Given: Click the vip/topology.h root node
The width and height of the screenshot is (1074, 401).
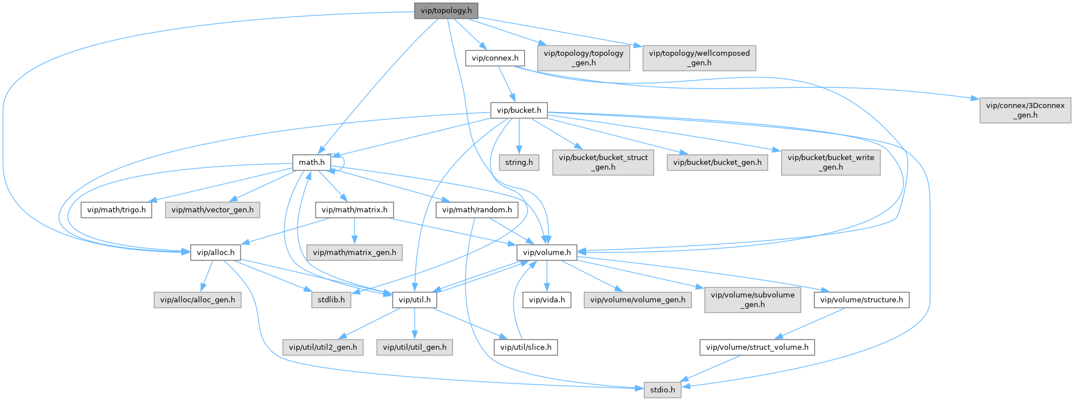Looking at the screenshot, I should pyautogui.click(x=446, y=11).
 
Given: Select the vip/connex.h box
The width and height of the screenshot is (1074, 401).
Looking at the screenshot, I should pyautogui.click(x=495, y=58).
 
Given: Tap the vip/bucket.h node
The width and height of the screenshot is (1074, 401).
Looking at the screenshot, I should pyautogui.click(x=518, y=110).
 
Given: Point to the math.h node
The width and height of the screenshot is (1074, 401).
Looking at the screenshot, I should pyautogui.click(x=312, y=162).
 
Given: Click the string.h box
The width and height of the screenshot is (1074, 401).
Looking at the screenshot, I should pyautogui.click(x=518, y=162).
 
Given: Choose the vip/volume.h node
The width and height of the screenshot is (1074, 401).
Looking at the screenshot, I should pyautogui.click(x=547, y=252).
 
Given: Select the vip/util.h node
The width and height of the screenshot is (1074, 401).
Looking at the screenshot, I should pyautogui.click(x=414, y=300).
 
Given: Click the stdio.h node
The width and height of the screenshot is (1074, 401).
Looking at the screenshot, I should pyautogui.click(x=662, y=389).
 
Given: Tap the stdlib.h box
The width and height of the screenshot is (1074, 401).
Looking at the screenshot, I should pyautogui.click(x=331, y=300).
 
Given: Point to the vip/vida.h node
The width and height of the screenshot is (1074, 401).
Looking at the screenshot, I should pyautogui.click(x=547, y=300).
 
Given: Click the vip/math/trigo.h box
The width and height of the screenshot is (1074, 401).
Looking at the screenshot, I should pyautogui.click(x=116, y=210).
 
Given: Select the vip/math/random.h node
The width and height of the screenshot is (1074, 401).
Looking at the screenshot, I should pyautogui.click(x=477, y=210).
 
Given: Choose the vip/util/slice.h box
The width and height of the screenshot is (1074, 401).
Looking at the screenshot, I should pyautogui.click(x=526, y=347).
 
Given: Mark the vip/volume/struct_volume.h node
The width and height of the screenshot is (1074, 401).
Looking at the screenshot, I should pyautogui.click(x=757, y=347).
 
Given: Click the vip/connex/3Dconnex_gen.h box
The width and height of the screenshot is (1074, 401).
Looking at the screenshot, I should pyautogui.click(x=1025, y=110).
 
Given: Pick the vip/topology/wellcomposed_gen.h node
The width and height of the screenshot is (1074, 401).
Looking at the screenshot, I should pyautogui.click(x=699, y=58).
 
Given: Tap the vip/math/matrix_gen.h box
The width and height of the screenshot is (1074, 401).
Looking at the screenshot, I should pyautogui.click(x=354, y=252).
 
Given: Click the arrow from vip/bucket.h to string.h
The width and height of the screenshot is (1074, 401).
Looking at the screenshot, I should pyautogui.click(x=518, y=136).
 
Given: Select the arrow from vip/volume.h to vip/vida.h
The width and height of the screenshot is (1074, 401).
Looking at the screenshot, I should pyautogui.click(x=547, y=276).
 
